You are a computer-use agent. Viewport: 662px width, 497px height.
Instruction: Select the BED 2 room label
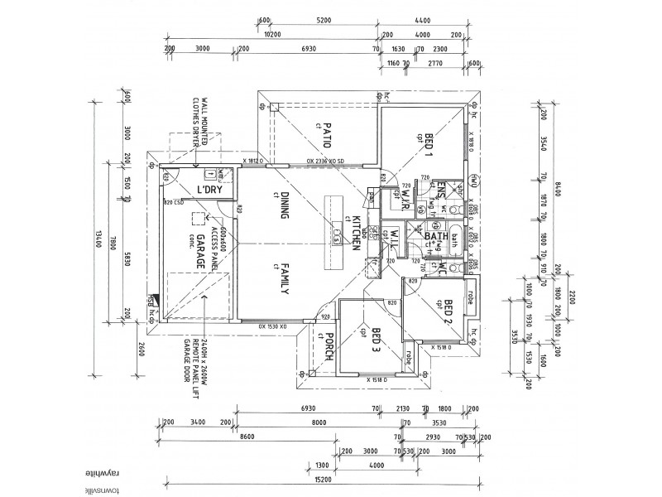pyautogui.click(x=447, y=312)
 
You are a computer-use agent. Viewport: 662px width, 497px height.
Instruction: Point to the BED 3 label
pyautogui.click(x=375, y=340)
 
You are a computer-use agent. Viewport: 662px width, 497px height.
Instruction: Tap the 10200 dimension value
pyautogui.click(x=272, y=35)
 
